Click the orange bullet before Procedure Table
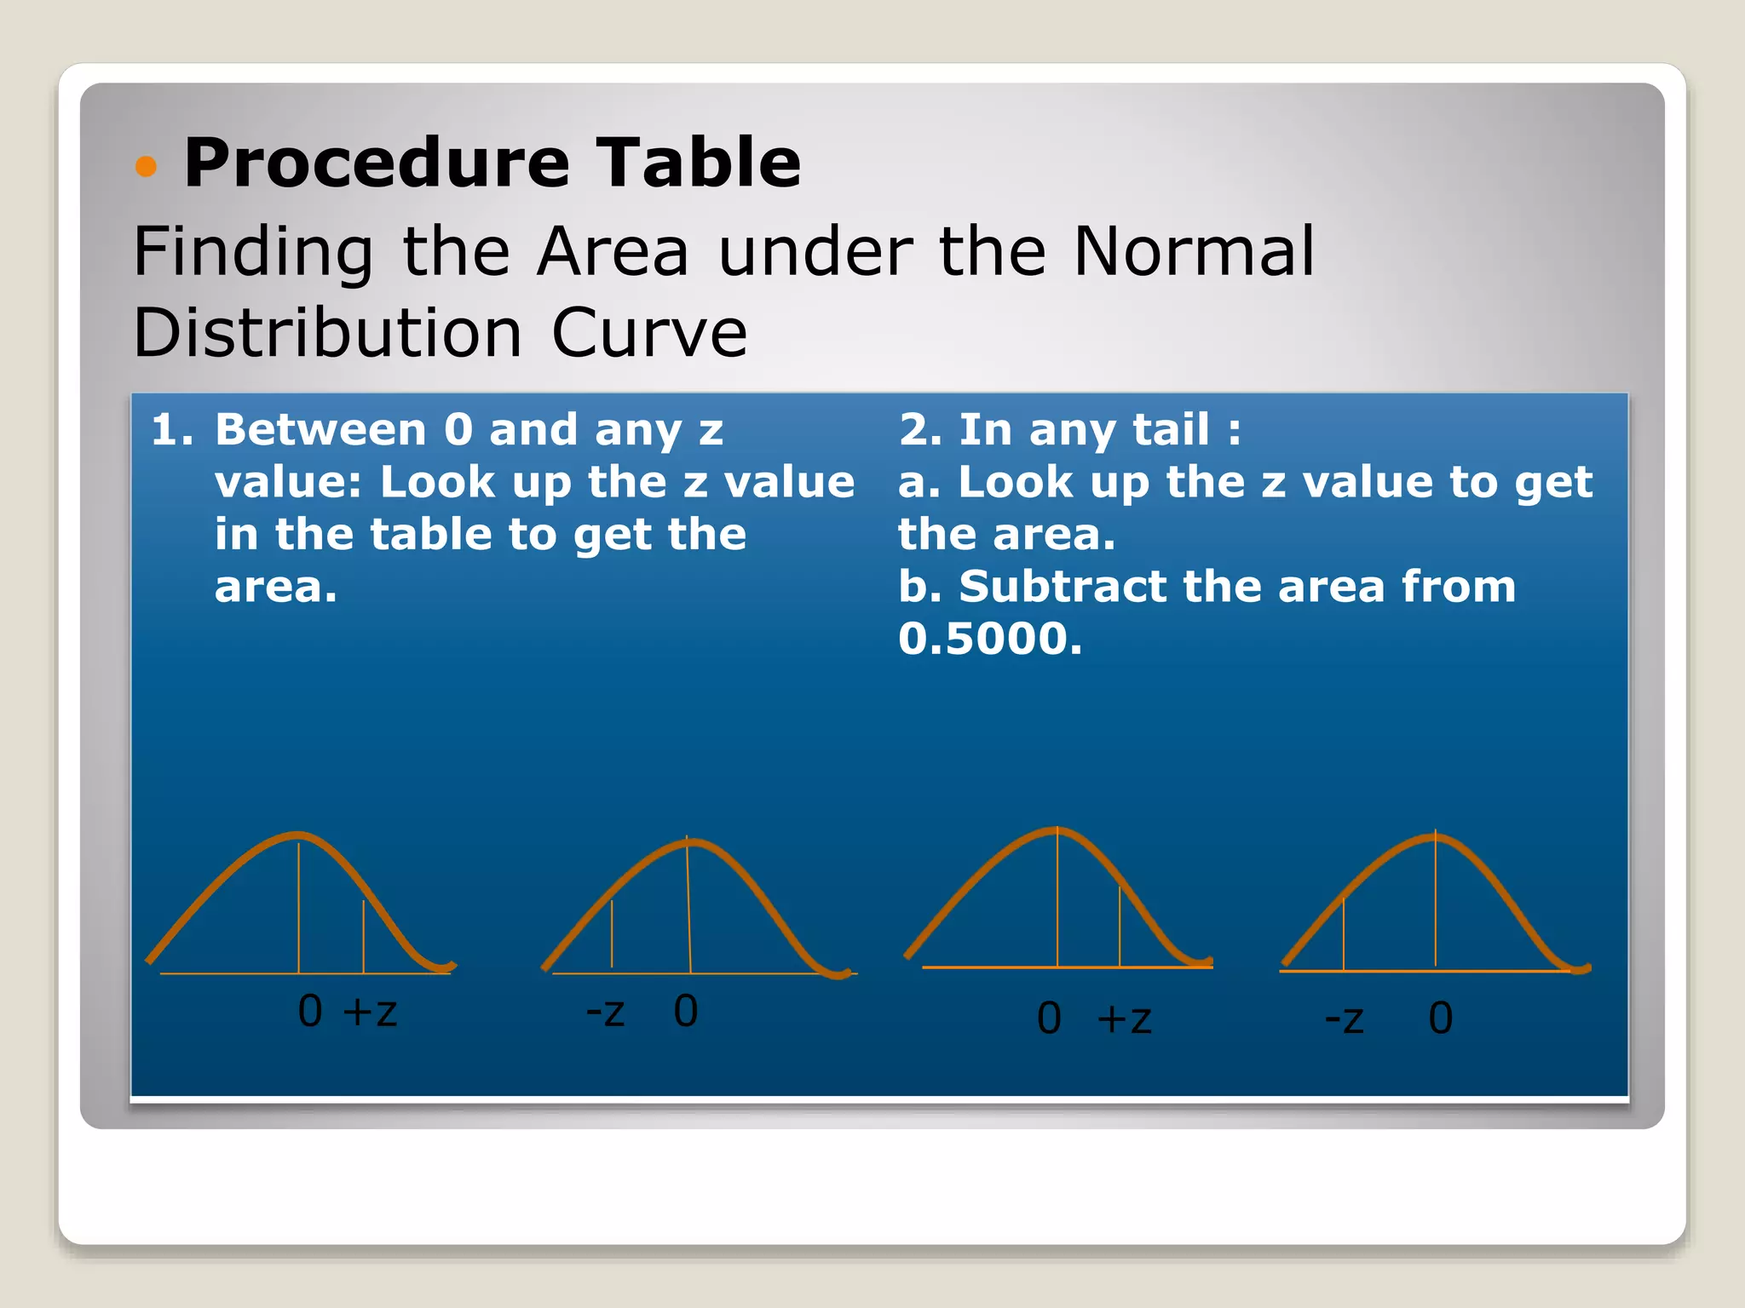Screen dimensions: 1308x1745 (x=147, y=166)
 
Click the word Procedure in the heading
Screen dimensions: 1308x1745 (x=377, y=163)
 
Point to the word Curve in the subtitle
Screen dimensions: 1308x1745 (x=649, y=333)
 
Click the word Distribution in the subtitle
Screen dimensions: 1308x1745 (x=328, y=333)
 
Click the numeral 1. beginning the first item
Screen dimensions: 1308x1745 (x=172, y=429)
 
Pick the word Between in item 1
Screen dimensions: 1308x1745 (x=320, y=429)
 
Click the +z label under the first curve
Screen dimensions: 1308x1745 (x=370, y=1013)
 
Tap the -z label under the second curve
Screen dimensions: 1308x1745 (x=606, y=1013)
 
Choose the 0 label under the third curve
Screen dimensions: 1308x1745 (x=1049, y=1018)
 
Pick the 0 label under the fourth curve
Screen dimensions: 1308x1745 (x=1440, y=1018)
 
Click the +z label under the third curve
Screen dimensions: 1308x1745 (x=1125, y=1019)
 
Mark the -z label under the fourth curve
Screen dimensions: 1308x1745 (x=1345, y=1019)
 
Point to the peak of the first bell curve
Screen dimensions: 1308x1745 (x=297, y=835)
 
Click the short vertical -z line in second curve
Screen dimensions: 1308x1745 (x=612, y=934)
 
